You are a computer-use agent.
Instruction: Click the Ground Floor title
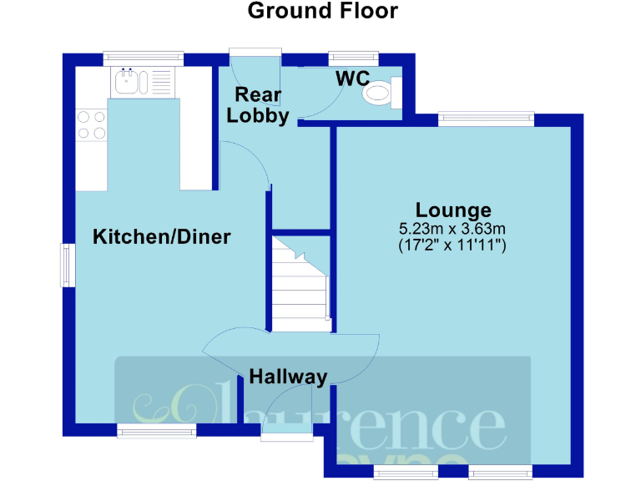tap(322, 12)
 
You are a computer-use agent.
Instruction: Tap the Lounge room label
tap(454, 210)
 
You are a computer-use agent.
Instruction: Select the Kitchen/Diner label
tap(161, 237)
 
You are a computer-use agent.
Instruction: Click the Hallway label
tap(288, 377)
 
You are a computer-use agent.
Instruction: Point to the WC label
tap(353, 79)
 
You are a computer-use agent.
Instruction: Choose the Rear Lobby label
tap(259, 105)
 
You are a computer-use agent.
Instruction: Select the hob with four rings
tap(91, 124)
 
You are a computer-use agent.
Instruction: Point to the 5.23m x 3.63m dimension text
tap(453, 228)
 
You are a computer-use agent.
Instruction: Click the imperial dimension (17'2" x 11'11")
tap(453, 246)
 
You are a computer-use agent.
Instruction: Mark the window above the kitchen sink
tap(143, 58)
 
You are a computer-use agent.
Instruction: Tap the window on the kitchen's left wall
tap(67, 266)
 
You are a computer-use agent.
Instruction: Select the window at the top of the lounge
tap(486, 119)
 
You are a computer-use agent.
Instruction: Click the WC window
tap(354, 58)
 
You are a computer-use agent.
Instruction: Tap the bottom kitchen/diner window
tap(156, 430)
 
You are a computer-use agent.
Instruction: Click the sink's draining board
tap(160, 82)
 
